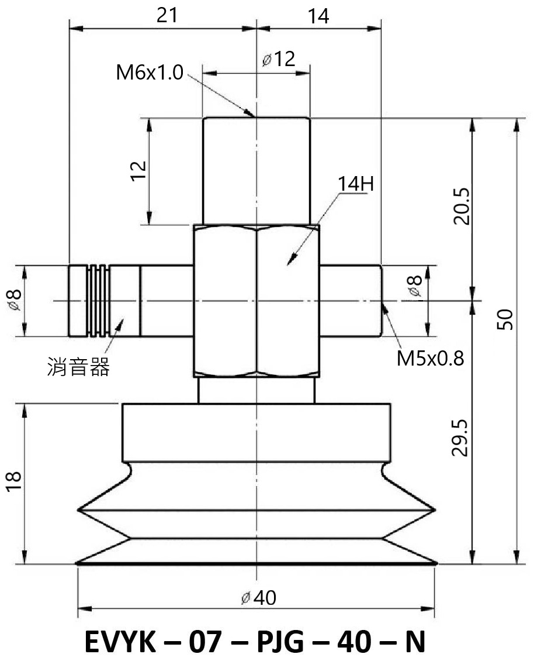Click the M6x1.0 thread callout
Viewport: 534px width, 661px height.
(150, 73)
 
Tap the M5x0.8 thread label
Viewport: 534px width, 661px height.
(430, 359)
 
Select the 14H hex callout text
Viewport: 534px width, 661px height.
(355, 184)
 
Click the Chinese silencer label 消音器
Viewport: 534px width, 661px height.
(78, 366)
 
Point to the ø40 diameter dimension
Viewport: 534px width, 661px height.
(259, 597)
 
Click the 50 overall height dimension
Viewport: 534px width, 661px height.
(505, 319)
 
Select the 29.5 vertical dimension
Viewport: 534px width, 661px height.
(460, 438)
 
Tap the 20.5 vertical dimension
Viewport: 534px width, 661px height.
(461, 206)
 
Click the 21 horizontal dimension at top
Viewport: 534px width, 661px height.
(167, 16)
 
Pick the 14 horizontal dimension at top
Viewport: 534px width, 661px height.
(318, 16)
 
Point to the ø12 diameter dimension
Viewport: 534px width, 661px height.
(278, 59)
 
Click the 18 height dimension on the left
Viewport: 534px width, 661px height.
(13, 481)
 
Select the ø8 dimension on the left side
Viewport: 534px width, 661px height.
(15, 299)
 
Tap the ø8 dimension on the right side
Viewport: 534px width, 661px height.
(414, 285)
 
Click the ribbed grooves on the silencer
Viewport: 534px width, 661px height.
(99, 301)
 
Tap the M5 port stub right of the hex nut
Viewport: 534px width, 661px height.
(351, 301)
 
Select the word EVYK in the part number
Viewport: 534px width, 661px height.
(120, 642)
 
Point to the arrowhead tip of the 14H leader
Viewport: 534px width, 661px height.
(287, 265)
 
